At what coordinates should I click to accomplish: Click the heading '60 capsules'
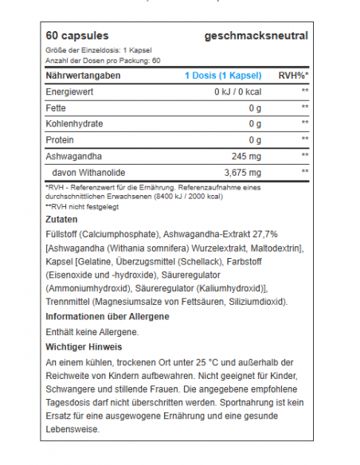pyautogui.click(x=77, y=36)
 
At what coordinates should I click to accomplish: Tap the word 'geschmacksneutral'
pyautogui.click(x=256, y=36)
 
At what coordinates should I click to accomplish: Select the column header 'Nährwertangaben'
pyautogui.click(x=83, y=76)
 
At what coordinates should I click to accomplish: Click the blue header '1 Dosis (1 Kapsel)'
pyautogui.click(x=223, y=76)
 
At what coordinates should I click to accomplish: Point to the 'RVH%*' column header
pyautogui.click(x=292, y=76)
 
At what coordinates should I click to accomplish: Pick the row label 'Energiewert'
pyautogui.click(x=71, y=92)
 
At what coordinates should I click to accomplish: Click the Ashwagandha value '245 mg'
pyautogui.click(x=244, y=155)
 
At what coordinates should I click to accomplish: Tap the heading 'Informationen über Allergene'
pyautogui.click(x=108, y=316)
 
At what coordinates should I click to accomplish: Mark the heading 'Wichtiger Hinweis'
pyautogui.click(x=84, y=346)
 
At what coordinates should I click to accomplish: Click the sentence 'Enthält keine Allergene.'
pyautogui.click(x=93, y=331)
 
